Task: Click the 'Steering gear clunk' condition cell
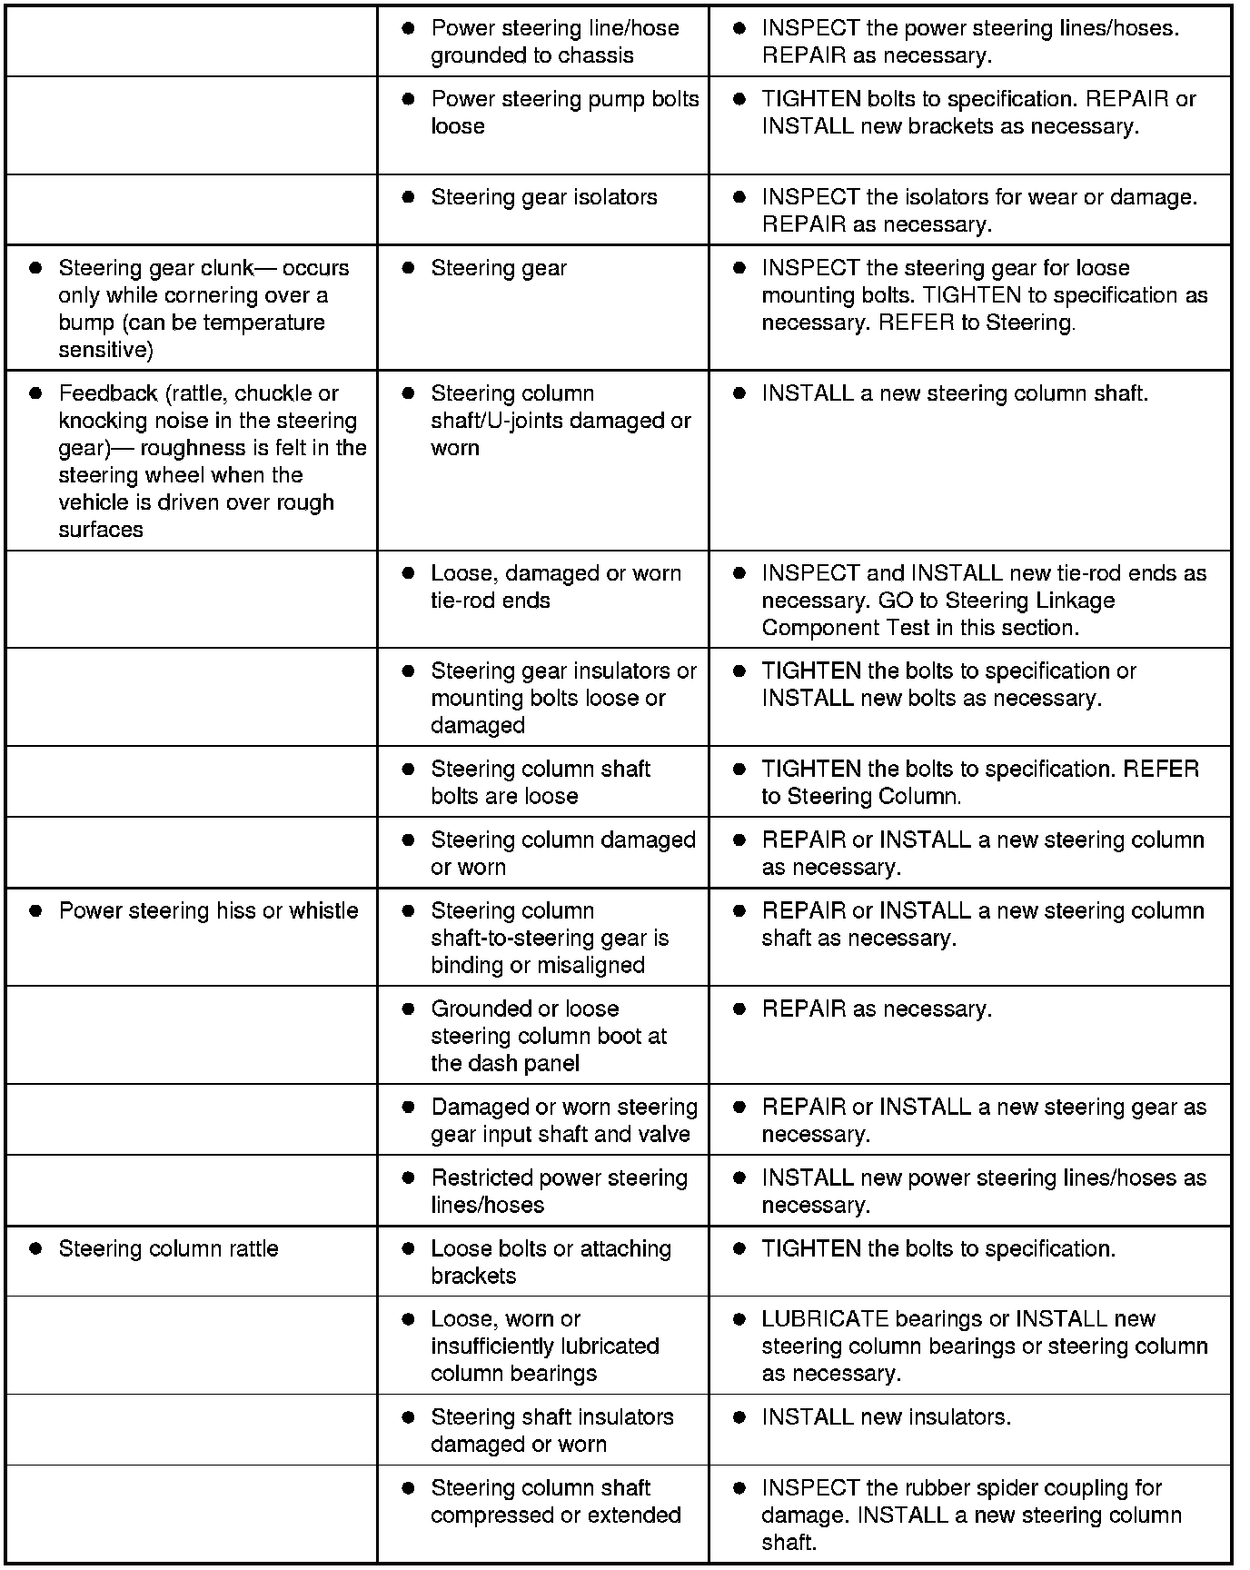click(x=192, y=308)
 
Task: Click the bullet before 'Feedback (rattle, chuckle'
click(x=36, y=394)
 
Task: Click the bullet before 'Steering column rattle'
click(x=36, y=1249)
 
